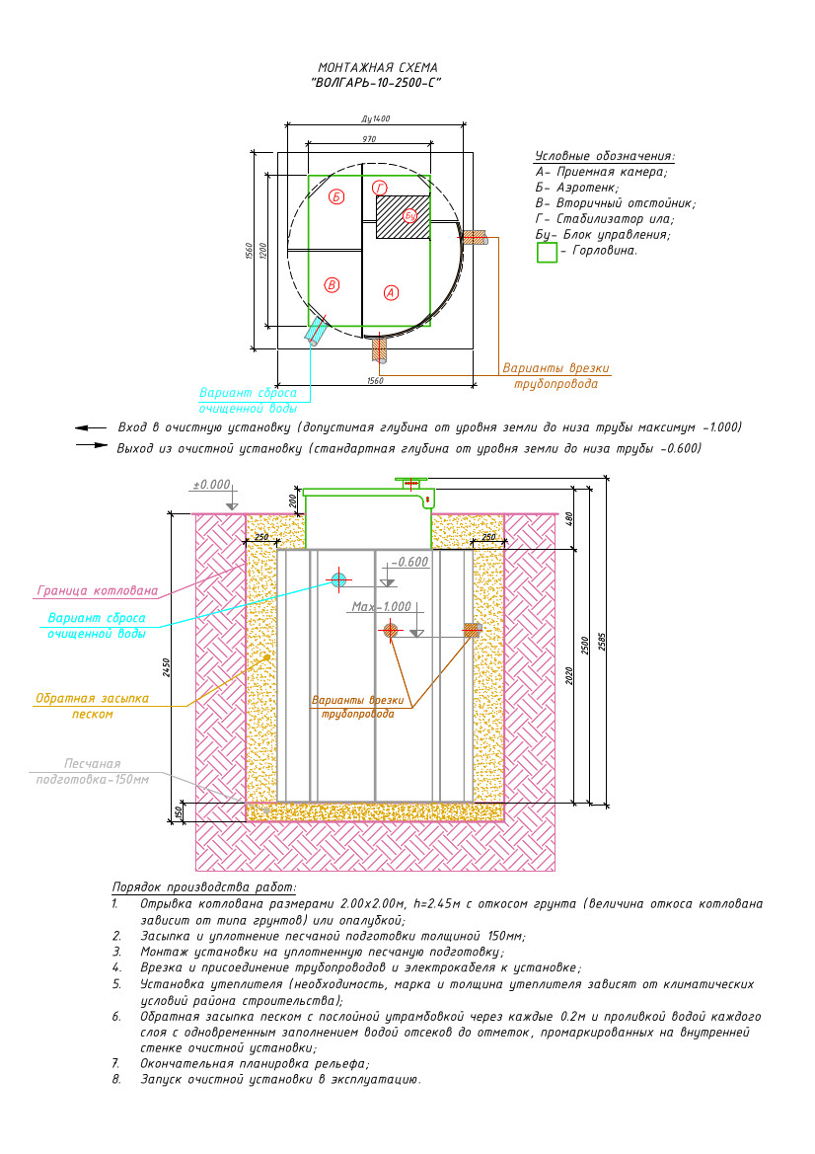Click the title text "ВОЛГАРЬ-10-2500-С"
point(376,83)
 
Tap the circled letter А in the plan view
point(392,292)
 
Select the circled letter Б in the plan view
point(336,196)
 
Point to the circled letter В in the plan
point(332,285)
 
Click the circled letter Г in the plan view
point(380,188)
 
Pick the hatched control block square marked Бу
point(404,216)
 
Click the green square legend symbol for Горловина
point(547,253)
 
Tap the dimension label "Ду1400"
point(376,118)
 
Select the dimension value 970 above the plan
point(369,138)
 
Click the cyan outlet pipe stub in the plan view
point(317,330)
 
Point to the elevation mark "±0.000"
point(211,485)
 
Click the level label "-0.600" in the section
point(409,562)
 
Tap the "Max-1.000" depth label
point(381,606)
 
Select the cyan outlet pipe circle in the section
point(338,579)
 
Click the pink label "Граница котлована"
point(97,590)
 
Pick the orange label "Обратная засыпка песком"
point(92,706)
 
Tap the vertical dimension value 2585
point(603,642)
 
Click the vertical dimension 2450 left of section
point(166,667)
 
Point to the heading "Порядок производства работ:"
point(203,886)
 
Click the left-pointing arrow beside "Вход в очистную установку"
point(91,426)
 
